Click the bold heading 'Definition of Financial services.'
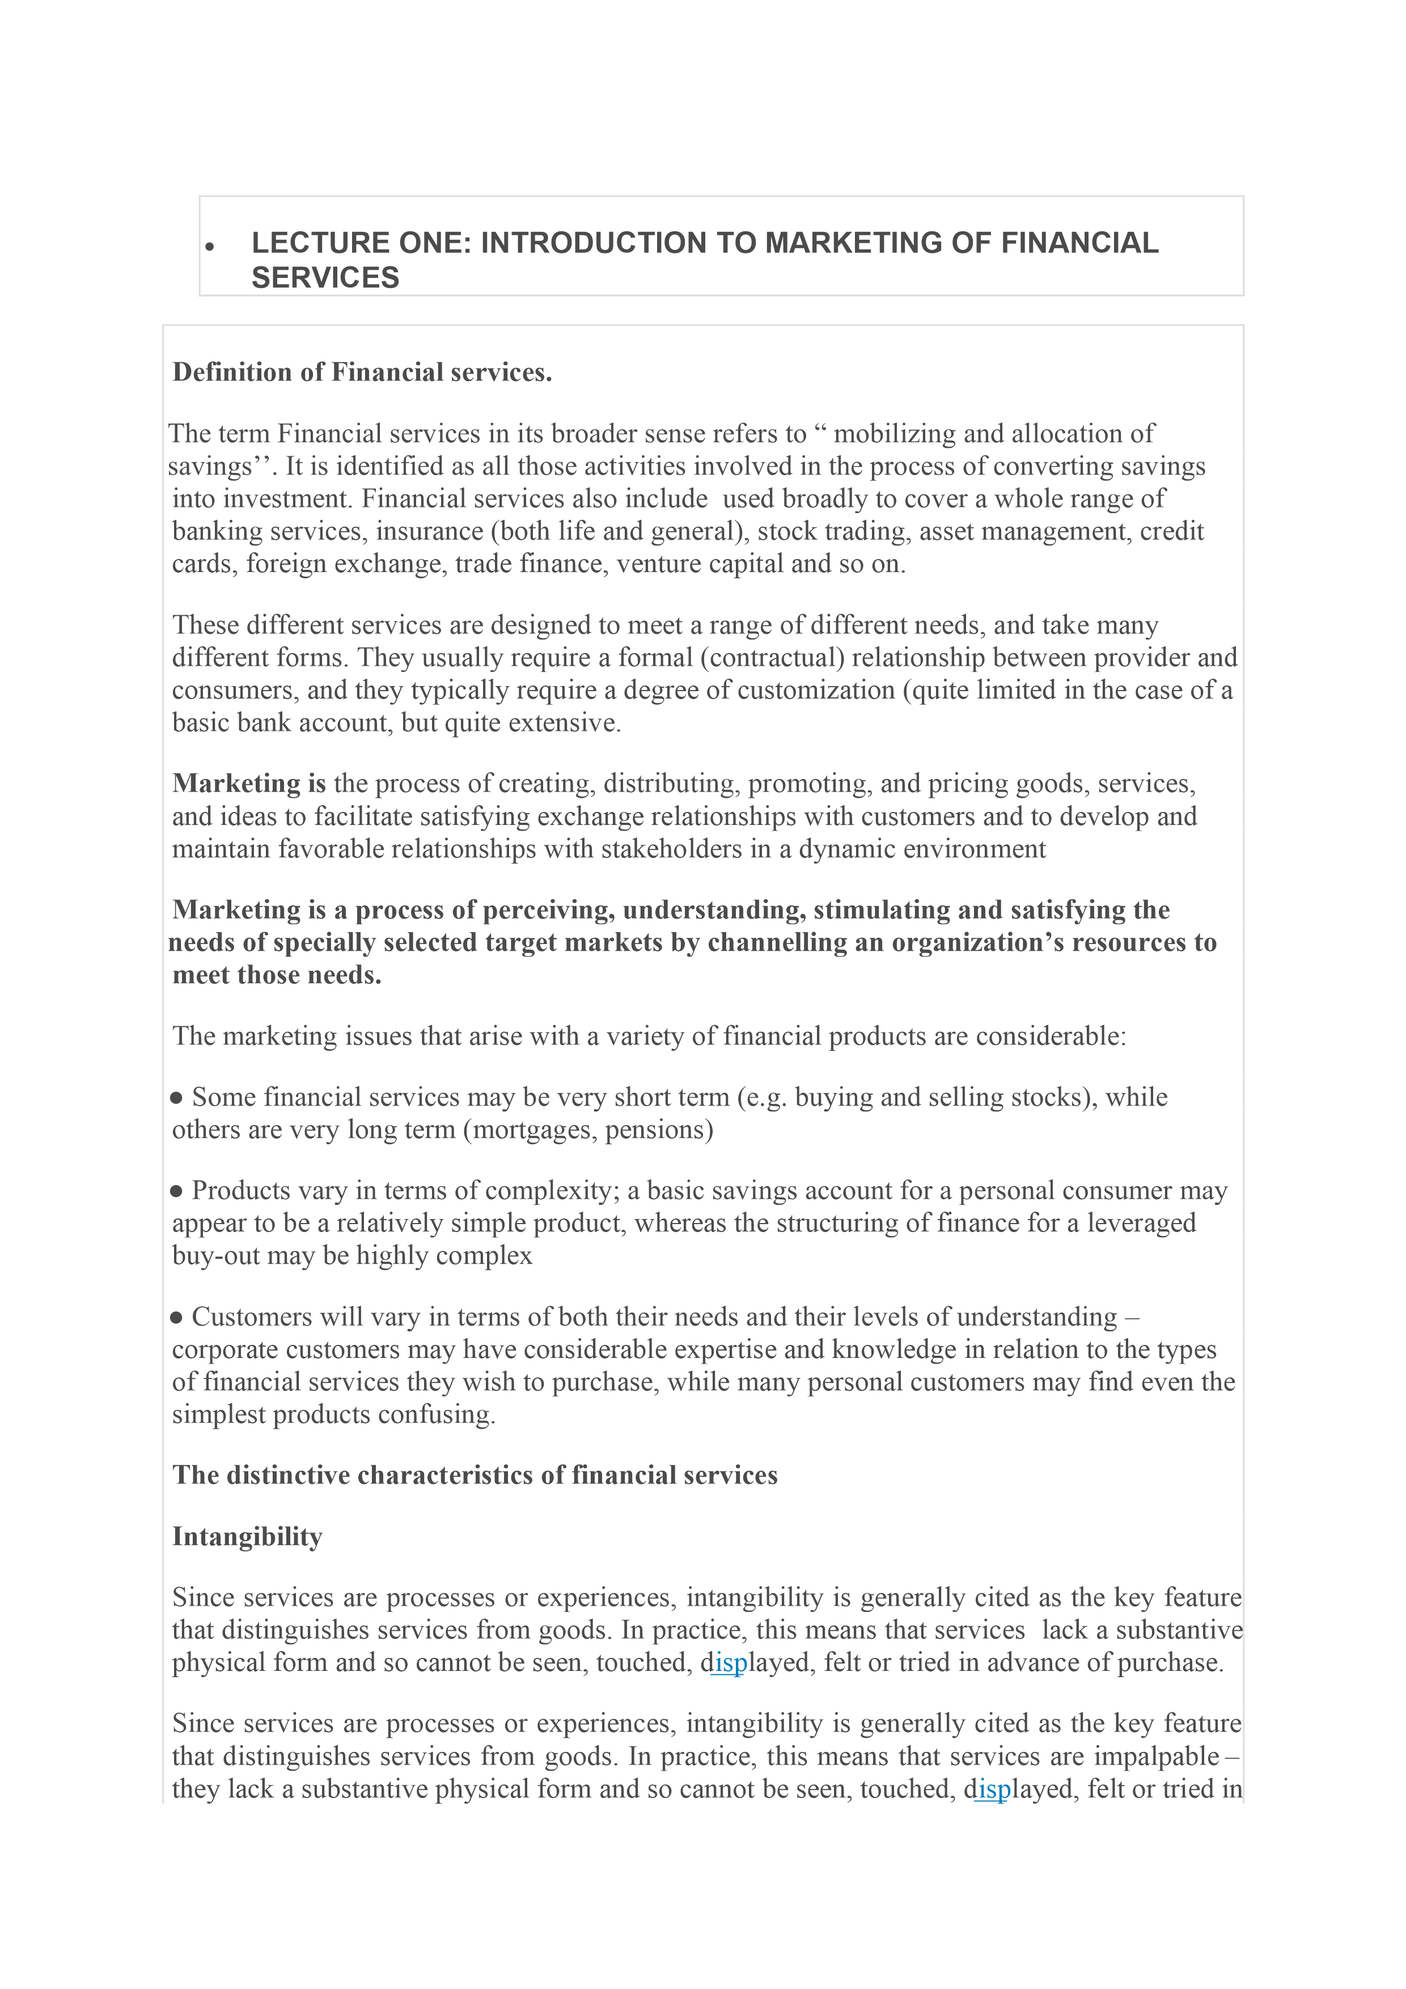(362, 373)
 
